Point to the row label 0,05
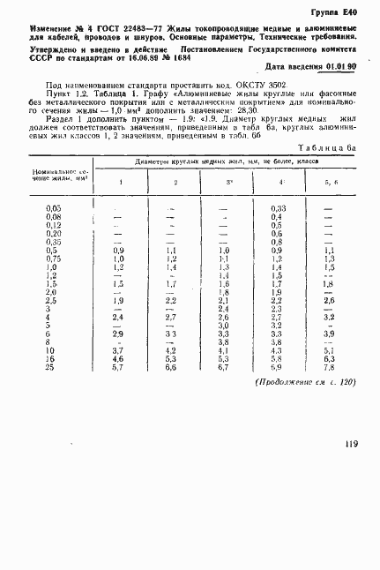[x=52, y=231]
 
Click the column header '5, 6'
[x=330, y=182]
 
